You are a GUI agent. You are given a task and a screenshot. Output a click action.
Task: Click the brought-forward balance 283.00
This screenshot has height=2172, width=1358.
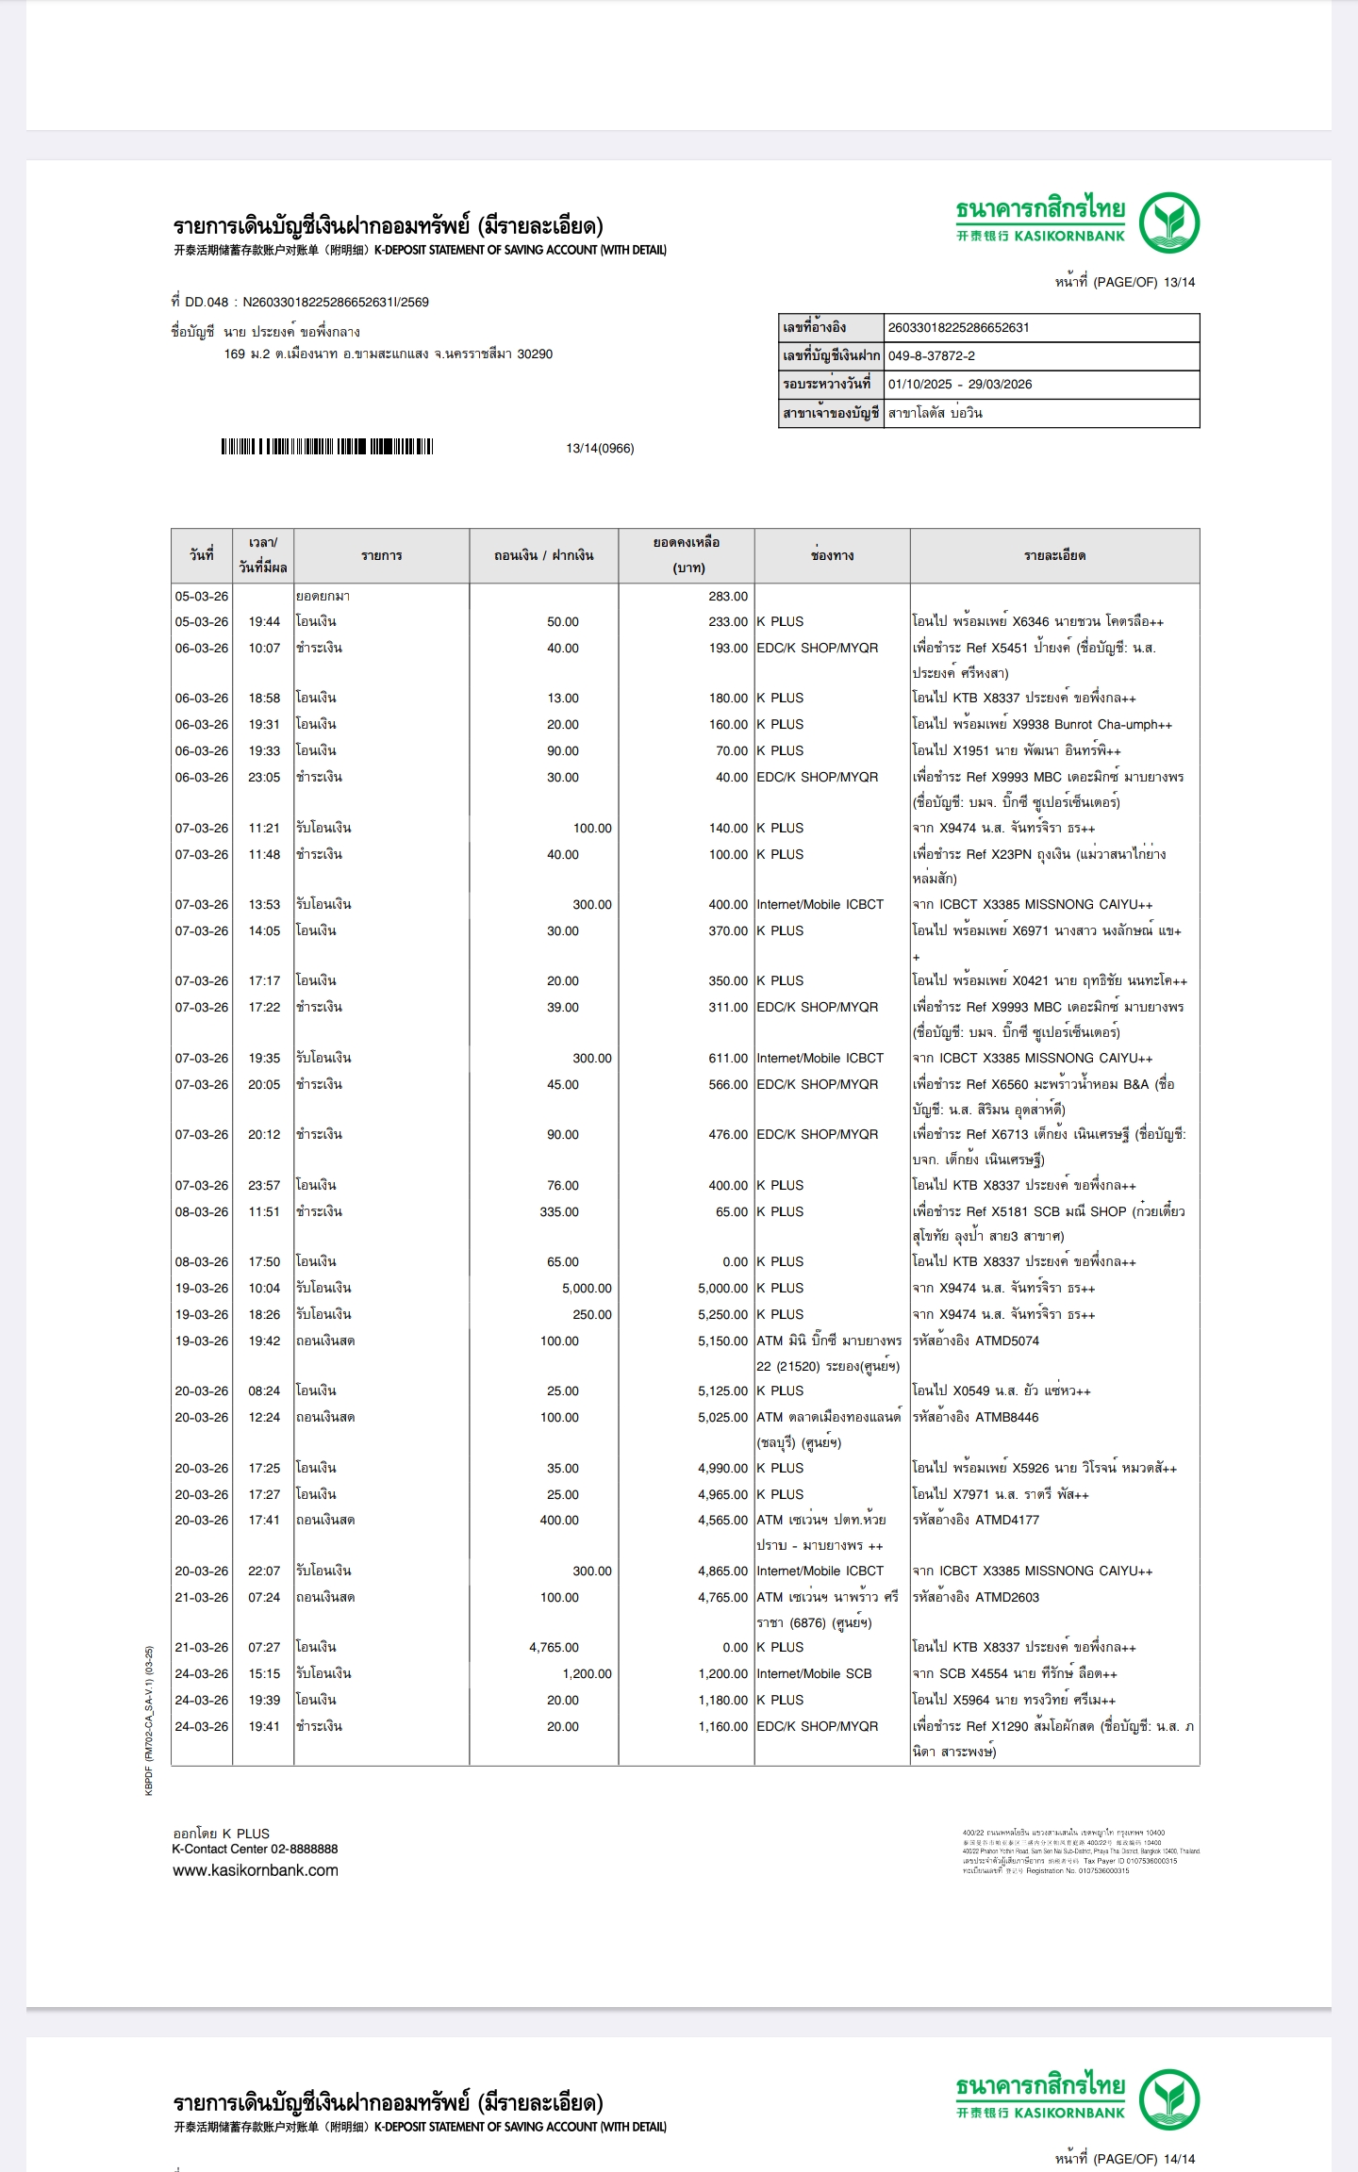click(727, 596)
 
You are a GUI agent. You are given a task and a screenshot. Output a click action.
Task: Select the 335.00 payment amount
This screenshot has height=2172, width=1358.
click(559, 1211)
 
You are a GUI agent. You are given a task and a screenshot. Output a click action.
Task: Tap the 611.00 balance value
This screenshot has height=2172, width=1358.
click(727, 1058)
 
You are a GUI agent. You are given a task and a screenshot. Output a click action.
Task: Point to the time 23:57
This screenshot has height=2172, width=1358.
click(264, 1185)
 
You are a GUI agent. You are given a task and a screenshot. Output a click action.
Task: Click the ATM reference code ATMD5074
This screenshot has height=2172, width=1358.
click(1007, 1341)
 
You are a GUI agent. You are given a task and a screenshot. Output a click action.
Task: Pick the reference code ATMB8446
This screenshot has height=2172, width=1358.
click(1007, 1417)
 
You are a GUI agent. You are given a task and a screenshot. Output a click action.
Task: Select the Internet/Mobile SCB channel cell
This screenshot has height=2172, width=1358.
click(814, 1673)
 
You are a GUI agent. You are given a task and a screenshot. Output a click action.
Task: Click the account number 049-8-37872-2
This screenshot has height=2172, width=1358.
click(932, 355)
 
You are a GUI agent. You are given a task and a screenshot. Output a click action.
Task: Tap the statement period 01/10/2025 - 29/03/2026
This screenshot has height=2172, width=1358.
click(960, 384)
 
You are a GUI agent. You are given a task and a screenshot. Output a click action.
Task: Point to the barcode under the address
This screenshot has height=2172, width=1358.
click(327, 447)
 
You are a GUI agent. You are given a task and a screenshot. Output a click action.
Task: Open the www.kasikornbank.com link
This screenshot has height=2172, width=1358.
click(255, 1870)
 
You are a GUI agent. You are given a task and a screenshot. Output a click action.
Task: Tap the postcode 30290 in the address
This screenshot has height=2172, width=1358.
click(535, 354)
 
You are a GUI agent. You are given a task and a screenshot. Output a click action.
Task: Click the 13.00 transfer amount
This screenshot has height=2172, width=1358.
click(563, 698)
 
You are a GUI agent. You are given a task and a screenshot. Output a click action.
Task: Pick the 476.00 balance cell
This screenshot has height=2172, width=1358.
click(727, 1134)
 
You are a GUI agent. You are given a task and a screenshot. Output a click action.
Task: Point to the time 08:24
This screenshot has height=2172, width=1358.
click(264, 1390)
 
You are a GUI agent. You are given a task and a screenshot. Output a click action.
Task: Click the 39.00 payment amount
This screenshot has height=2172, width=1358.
click(563, 1007)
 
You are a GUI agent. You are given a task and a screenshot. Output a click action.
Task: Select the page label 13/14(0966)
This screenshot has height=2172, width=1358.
click(600, 448)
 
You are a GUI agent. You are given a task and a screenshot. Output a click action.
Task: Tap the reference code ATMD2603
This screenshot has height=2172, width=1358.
click(1007, 1597)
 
